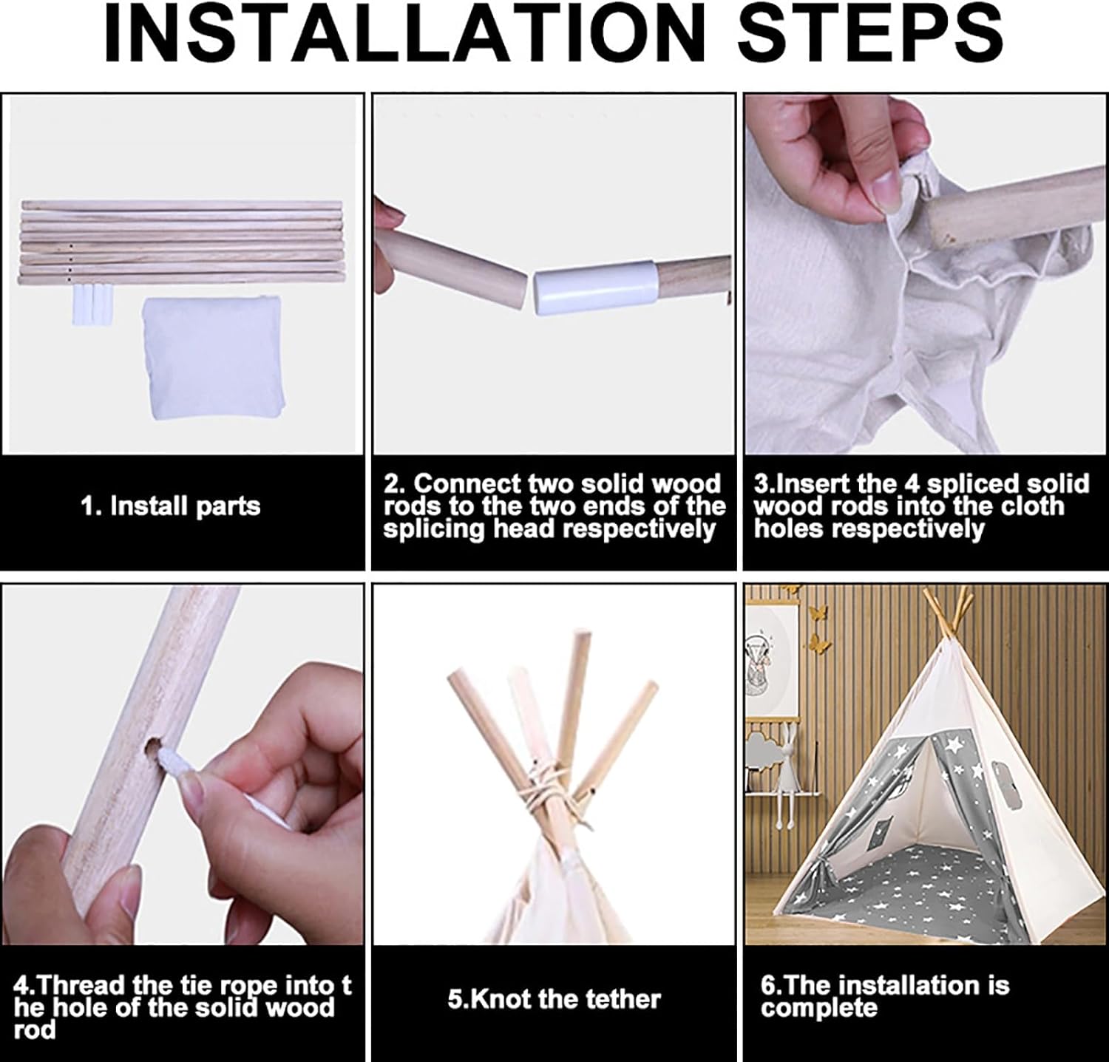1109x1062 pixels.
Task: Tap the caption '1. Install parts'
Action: (171, 506)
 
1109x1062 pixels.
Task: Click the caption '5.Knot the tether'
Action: (554, 999)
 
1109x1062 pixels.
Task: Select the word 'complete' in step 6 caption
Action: (819, 1008)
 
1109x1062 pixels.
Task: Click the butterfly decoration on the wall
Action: (818, 613)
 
